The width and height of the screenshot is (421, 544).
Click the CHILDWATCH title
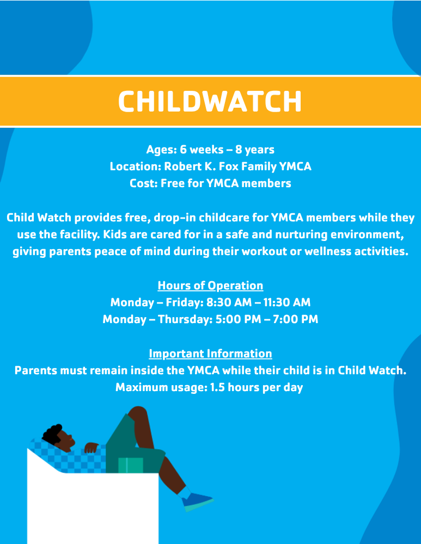(x=210, y=101)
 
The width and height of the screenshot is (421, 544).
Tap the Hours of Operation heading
(x=210, y=286)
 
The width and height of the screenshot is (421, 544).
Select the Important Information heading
(x=210, y=354)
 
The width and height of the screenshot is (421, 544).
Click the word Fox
(x=229, y=166)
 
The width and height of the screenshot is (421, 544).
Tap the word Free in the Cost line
(x=173, y=183)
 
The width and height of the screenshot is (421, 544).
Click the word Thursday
(x=185, y=319)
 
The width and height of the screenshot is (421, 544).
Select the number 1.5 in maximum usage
(x=217, y=387)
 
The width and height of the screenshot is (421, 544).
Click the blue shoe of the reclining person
(x=197, y=502)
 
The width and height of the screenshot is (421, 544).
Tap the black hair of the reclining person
(x=52, y=434)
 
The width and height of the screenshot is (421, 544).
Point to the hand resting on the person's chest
(x=91, y=448)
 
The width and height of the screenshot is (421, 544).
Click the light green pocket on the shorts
(x=131, y=465)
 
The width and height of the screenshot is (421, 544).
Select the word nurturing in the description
(x=301, y=235)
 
